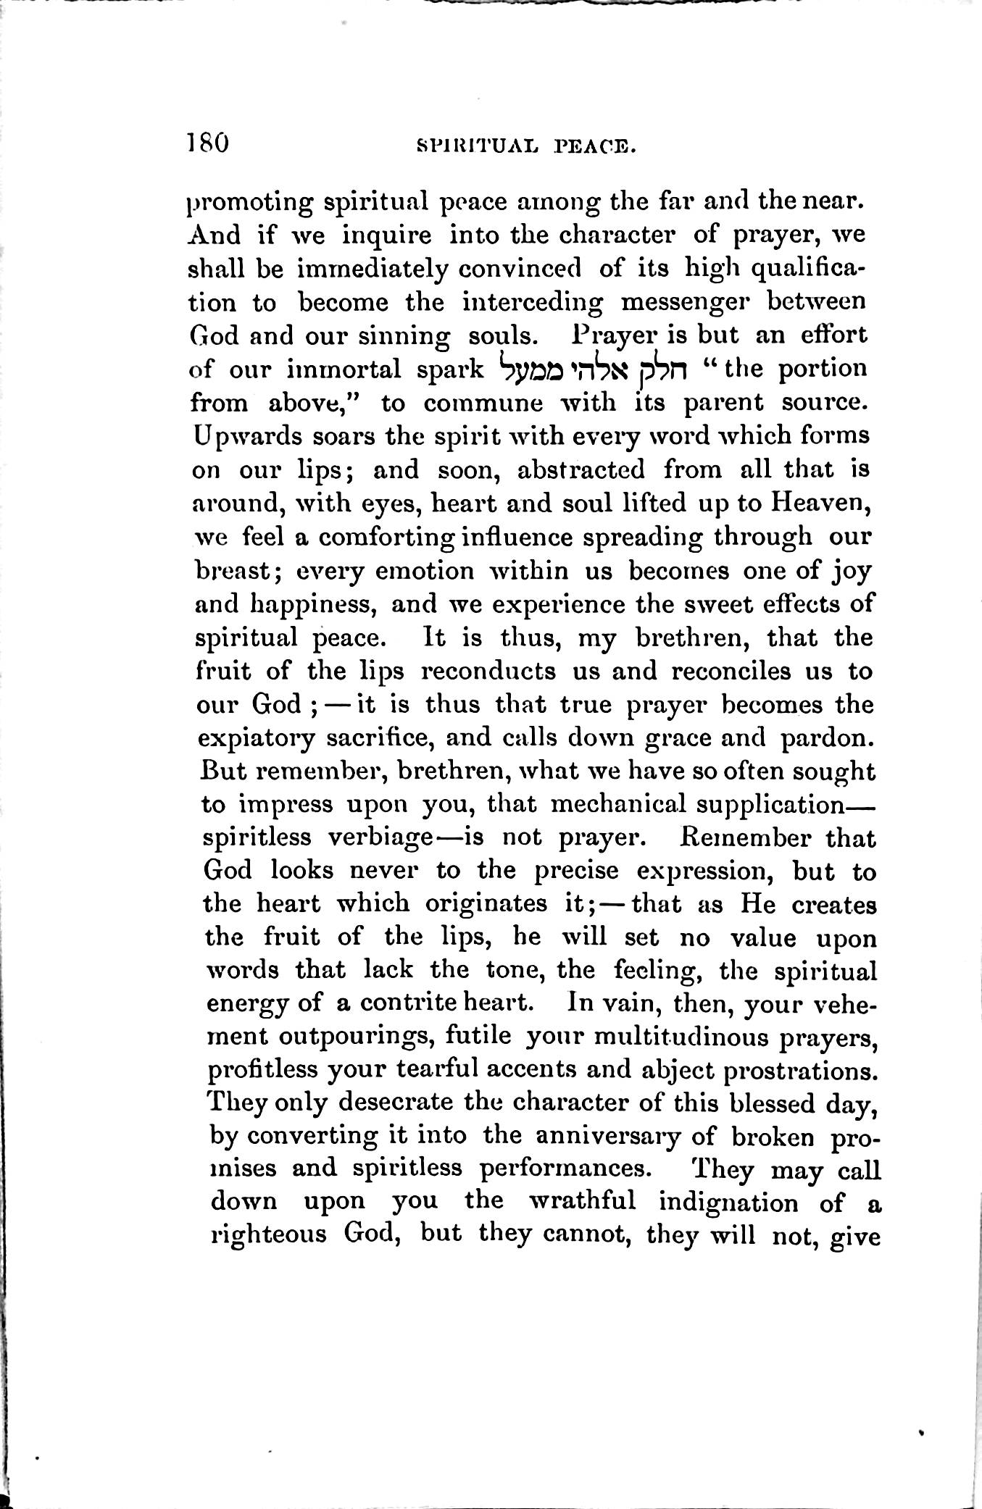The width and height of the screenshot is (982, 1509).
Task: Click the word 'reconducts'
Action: pos(488,671)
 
